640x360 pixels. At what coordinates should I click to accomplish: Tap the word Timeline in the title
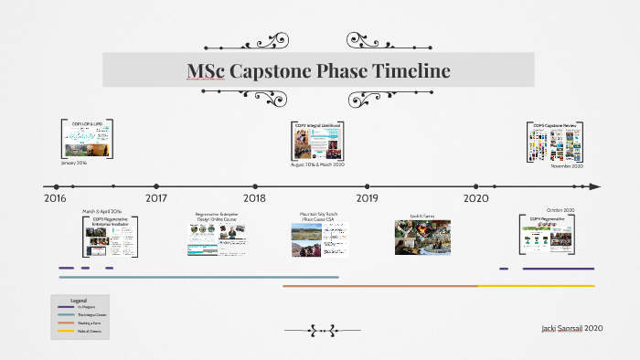[406, 71]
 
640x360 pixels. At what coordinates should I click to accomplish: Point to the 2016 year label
[55, 198]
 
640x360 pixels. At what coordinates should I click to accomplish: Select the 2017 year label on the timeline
[156, 198]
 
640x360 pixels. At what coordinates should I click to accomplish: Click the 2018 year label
[254, 198]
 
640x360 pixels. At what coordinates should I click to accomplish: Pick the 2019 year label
[367, 198]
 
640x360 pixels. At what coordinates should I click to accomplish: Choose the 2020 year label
[475, 198]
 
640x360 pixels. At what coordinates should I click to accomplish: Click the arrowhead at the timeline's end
[595, 186]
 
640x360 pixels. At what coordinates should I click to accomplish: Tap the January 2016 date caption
[75, 163]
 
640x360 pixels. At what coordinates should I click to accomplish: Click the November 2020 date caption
[568, 166]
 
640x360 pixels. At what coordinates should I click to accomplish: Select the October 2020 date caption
[560, 210]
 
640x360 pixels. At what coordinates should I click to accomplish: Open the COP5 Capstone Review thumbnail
[555, 145]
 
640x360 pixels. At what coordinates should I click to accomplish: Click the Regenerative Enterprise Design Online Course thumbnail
[218, 240]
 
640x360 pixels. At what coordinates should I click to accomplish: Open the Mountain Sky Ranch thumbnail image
[315, 240]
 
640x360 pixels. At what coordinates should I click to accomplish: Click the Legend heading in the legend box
[79, 301]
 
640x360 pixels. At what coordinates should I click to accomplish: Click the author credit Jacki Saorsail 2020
[571, 328]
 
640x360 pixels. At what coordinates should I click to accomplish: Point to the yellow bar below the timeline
[536, 286]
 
